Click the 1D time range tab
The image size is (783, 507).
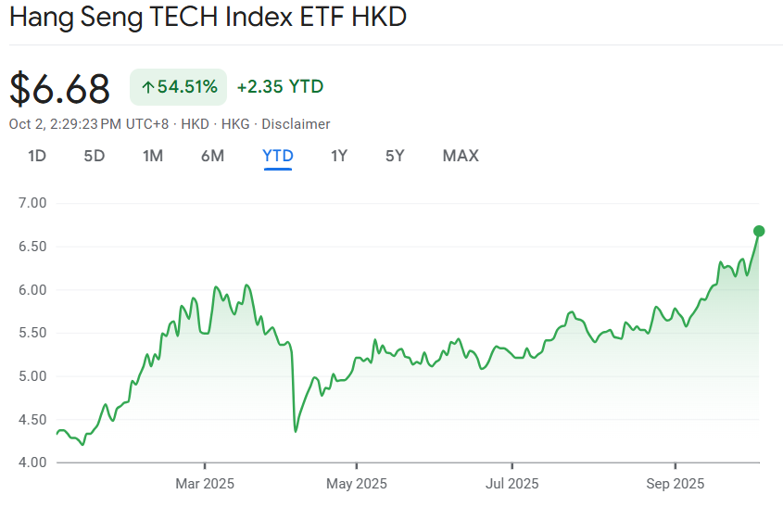[37, 156]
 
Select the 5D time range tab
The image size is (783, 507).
[95, 156]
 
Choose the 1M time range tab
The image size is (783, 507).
[153, 156]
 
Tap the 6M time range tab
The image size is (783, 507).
[212, 156]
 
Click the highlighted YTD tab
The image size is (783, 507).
[278, 156]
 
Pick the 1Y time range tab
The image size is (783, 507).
[339, 156]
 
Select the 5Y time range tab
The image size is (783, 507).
[395, 156]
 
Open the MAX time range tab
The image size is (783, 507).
[461, 156]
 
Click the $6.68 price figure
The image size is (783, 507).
[60, 88]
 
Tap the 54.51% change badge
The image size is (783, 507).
[180, 87]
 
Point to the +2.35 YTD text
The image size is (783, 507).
[280, 87]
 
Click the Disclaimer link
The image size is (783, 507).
[296, 124]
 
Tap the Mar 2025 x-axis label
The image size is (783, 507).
[204, 484]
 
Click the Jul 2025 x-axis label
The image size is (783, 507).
[511, 484]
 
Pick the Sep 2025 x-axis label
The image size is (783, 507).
[675, 484]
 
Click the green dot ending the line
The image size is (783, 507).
[759, 231]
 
